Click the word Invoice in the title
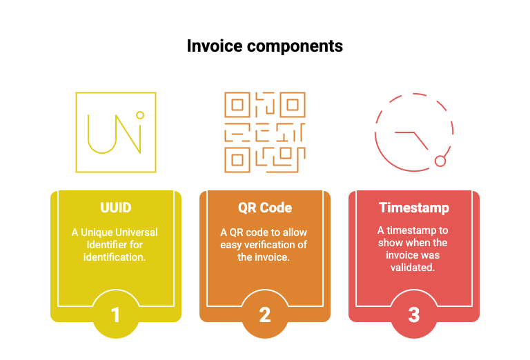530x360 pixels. coord(215,46)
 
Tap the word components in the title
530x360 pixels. coord(295,47)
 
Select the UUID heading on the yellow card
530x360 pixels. coord(116,208)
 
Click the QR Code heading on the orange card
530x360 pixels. coord(265,208)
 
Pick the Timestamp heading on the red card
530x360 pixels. coord(414,208)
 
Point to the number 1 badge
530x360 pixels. coord(116,314)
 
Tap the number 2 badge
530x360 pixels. coord(265,314)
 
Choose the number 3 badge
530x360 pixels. coord(414,314)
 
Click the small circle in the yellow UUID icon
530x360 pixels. coord(140,115)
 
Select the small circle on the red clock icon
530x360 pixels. coord(440,161)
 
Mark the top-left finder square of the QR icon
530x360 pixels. coord(237,105)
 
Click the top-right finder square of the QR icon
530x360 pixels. coord(293,105)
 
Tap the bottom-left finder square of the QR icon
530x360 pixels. coord(237,160)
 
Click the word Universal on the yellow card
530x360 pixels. coord(137,232)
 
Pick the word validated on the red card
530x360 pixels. coord(413,268)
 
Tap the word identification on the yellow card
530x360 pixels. coord(115,257)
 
